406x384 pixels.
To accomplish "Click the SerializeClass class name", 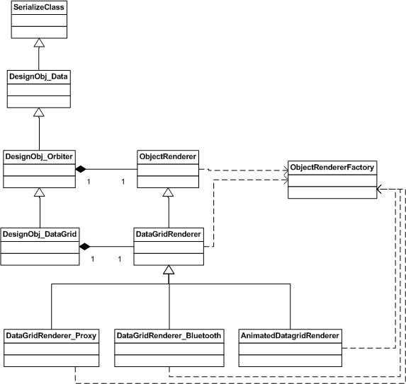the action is [39, 7].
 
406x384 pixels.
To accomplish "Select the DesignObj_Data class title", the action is [38, 76].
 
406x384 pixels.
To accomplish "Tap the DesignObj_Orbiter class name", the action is [39, 156].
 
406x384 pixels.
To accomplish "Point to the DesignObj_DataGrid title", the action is [40, 234].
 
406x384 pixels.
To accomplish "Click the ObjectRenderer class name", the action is [168, 156].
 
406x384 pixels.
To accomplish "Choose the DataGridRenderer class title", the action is [169, 234].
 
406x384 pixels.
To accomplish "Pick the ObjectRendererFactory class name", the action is [332, 168].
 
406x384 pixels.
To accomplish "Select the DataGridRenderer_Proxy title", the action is [51, 335].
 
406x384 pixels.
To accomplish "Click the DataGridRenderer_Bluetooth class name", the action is [169, 335].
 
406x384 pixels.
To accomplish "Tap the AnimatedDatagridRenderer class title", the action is [290, 335].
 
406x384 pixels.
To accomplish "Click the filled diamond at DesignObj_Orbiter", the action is [81, 169].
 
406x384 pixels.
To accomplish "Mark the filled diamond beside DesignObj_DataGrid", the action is [84, 247].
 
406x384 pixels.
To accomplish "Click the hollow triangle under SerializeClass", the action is [39, 43].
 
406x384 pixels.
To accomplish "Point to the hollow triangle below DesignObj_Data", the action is [39, 112].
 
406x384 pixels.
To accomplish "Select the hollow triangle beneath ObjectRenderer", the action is [168, 192].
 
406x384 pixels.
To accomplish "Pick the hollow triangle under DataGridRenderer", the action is [169, 269].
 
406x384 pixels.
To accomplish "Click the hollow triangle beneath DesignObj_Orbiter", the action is [40, 192].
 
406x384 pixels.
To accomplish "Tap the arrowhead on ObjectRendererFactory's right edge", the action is [379, 190].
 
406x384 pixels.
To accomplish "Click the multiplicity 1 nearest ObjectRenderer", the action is [123, 182].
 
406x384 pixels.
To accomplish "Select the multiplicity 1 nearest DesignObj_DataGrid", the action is [92, 259].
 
